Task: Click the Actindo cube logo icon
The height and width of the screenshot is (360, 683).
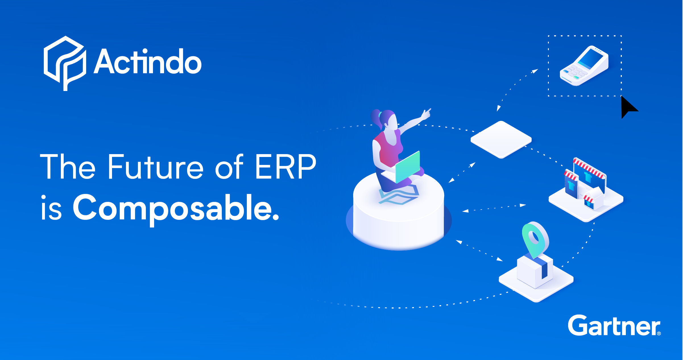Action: pos(65,63)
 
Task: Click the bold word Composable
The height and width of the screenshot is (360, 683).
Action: pos(176,209)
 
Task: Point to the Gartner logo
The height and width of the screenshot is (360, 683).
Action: pos(614,325)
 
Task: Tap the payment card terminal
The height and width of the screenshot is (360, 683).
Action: pos(584,66)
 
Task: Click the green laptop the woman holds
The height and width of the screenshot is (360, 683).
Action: pos(407,167)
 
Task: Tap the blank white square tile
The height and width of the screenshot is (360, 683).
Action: pos(501,140)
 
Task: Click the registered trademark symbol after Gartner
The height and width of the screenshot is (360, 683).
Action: pos(659,333)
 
